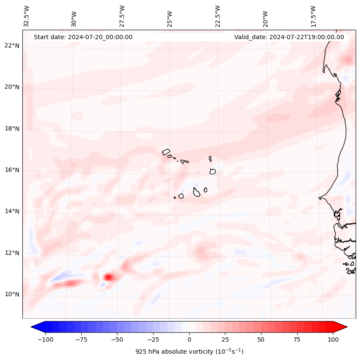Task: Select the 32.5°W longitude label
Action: [27, 16]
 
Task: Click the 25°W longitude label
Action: [170, 17]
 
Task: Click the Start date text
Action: [83, 37]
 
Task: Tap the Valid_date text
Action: [289, 37]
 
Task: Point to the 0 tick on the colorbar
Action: [189, 339]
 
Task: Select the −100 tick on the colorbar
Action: [46, 339]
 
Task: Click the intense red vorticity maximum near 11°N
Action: [109, 277]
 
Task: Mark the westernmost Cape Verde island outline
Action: [166, 151]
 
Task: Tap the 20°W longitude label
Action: [265, 17]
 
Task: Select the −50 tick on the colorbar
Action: [117, 339]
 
